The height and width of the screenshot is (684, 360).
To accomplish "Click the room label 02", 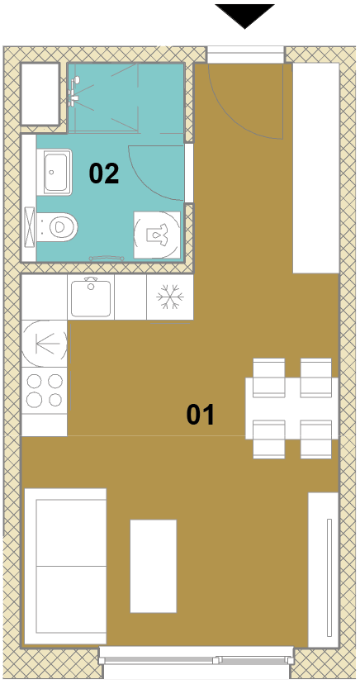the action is click(104, 173).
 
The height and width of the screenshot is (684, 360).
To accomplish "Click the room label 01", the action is click(201, 415).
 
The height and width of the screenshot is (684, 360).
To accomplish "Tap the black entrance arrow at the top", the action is click(245, 15).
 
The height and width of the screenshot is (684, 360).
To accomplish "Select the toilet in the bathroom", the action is click(58, 227).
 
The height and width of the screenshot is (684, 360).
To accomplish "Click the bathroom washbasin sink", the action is click(56, 172).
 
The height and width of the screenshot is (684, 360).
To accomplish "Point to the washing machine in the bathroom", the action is click(157, 235).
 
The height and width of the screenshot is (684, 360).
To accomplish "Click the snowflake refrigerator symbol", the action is click(170, 297).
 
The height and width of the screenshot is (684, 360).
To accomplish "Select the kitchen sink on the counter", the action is click(91, 298).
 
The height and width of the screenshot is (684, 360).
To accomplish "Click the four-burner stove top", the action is click(45, 390).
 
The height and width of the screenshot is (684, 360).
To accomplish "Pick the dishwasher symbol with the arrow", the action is click(45, 344).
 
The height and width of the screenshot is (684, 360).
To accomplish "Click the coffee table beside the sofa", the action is click(154, 566).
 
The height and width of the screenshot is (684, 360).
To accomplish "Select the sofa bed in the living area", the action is click(65, 566).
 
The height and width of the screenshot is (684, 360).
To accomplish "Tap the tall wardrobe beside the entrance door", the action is click(316, 168).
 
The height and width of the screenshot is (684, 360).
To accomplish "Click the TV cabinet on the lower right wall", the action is click(324, 570).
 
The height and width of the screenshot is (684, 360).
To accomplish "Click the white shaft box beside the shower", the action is click(40, 94).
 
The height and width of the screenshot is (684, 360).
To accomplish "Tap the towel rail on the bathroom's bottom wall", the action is click(107, 259).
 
